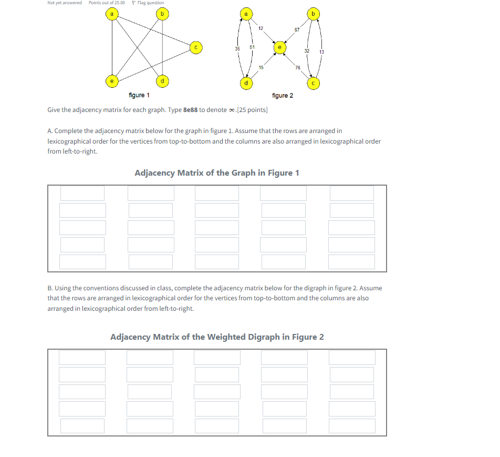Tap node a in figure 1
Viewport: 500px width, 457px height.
click(x=111, y=13)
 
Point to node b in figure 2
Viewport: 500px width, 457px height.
click(x=314, y=13)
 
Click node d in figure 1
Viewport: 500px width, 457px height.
click(x=162, y=81)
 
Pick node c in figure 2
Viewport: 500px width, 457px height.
click(x=314, y=83)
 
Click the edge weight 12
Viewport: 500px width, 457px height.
click(x=261, y=27)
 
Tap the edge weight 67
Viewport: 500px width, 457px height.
click(x=297, y=30)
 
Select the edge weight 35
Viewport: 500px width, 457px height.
click(x=237, y=48)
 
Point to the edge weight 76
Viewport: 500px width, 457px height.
click(x=297, y=67)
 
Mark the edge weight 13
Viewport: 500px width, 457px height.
click(x=321, y=52)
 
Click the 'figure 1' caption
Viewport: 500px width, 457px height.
click(x=139, y=95)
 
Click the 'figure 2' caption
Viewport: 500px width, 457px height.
click(x=283, y=95)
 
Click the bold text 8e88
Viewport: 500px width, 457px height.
click(x=190, y=109)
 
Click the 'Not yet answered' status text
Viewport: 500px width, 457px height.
click(x=65, y=3)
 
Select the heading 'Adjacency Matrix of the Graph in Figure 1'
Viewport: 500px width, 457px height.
click(x=217, y=173)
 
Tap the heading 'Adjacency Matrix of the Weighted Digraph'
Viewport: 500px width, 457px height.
click(x=217, y=337)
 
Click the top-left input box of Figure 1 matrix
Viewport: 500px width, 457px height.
click(x=82, y=193)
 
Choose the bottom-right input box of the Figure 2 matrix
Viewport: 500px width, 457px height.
click(x=352, y=425)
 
